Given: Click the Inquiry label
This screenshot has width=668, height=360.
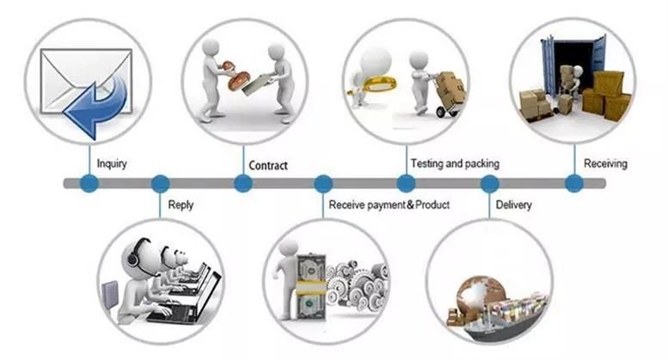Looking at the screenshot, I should pyautogui.click(x=113, y=163).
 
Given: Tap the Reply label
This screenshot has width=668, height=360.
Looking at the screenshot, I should pyautogui.click(x=181, y=204).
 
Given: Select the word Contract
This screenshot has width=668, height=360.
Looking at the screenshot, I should pyautogui.click(x=267, y=165).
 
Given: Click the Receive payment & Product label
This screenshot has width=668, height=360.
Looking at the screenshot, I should pyautogui.click(x=389, y=204).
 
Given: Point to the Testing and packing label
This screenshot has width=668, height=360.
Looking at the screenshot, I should pyautogui.click(x=455, y=162).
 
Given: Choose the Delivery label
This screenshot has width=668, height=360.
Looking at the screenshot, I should pyautogui.click(x=513, y=204).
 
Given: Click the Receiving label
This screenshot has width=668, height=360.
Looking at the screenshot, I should pyautogui.click(x=605, y=162).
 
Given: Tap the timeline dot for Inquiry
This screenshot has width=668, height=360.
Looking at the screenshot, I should pyautogui.click(x=89, y=183).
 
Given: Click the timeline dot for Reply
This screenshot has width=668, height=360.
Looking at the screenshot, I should pyautogui.click(x=160, y=183).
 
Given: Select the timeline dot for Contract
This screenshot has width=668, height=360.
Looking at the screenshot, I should pyautogui.click(x=243, y=183).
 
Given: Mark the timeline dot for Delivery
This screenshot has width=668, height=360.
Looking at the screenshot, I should pyautogui.click(x=489, y=183).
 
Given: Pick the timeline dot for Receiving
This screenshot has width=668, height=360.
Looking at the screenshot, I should pyautogui.click(x=573, y=183).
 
